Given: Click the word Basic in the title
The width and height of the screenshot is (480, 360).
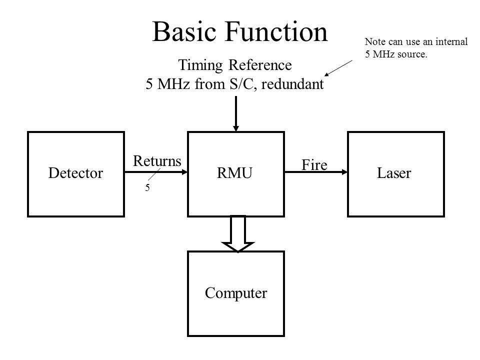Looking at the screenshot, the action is point(184,31).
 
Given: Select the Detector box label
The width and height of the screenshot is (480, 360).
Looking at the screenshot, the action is point(75,173).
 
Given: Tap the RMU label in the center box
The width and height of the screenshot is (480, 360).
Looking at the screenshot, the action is point(234,173).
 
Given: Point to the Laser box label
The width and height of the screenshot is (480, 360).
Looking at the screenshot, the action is point(394,173).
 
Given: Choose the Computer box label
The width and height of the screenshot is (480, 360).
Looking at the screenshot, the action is point(236,293).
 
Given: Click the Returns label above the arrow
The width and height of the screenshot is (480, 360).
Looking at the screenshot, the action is point(156,160).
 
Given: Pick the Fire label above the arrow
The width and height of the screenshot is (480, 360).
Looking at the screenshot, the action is point(314,164).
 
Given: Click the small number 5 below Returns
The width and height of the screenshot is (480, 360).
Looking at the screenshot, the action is point(147,187).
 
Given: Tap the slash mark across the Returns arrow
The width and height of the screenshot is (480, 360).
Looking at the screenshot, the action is point(154,174).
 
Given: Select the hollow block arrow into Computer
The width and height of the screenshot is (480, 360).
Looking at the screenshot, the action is point(238,233).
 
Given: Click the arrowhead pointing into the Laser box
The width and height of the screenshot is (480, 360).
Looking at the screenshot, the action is point(344,172).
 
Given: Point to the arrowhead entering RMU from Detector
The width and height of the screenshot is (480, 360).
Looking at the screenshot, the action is point(184,172).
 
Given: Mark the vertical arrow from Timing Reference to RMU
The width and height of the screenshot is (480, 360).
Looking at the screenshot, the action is point(236,114).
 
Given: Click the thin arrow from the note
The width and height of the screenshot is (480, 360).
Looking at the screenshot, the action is point(338,68).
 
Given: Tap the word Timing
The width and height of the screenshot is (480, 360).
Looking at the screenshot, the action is point(200,65).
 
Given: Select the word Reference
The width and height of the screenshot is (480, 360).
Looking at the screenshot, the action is point(260,65).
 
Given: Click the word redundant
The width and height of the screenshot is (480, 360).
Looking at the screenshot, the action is point(292,84).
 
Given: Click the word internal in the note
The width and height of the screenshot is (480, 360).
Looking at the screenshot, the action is point(451,41).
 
